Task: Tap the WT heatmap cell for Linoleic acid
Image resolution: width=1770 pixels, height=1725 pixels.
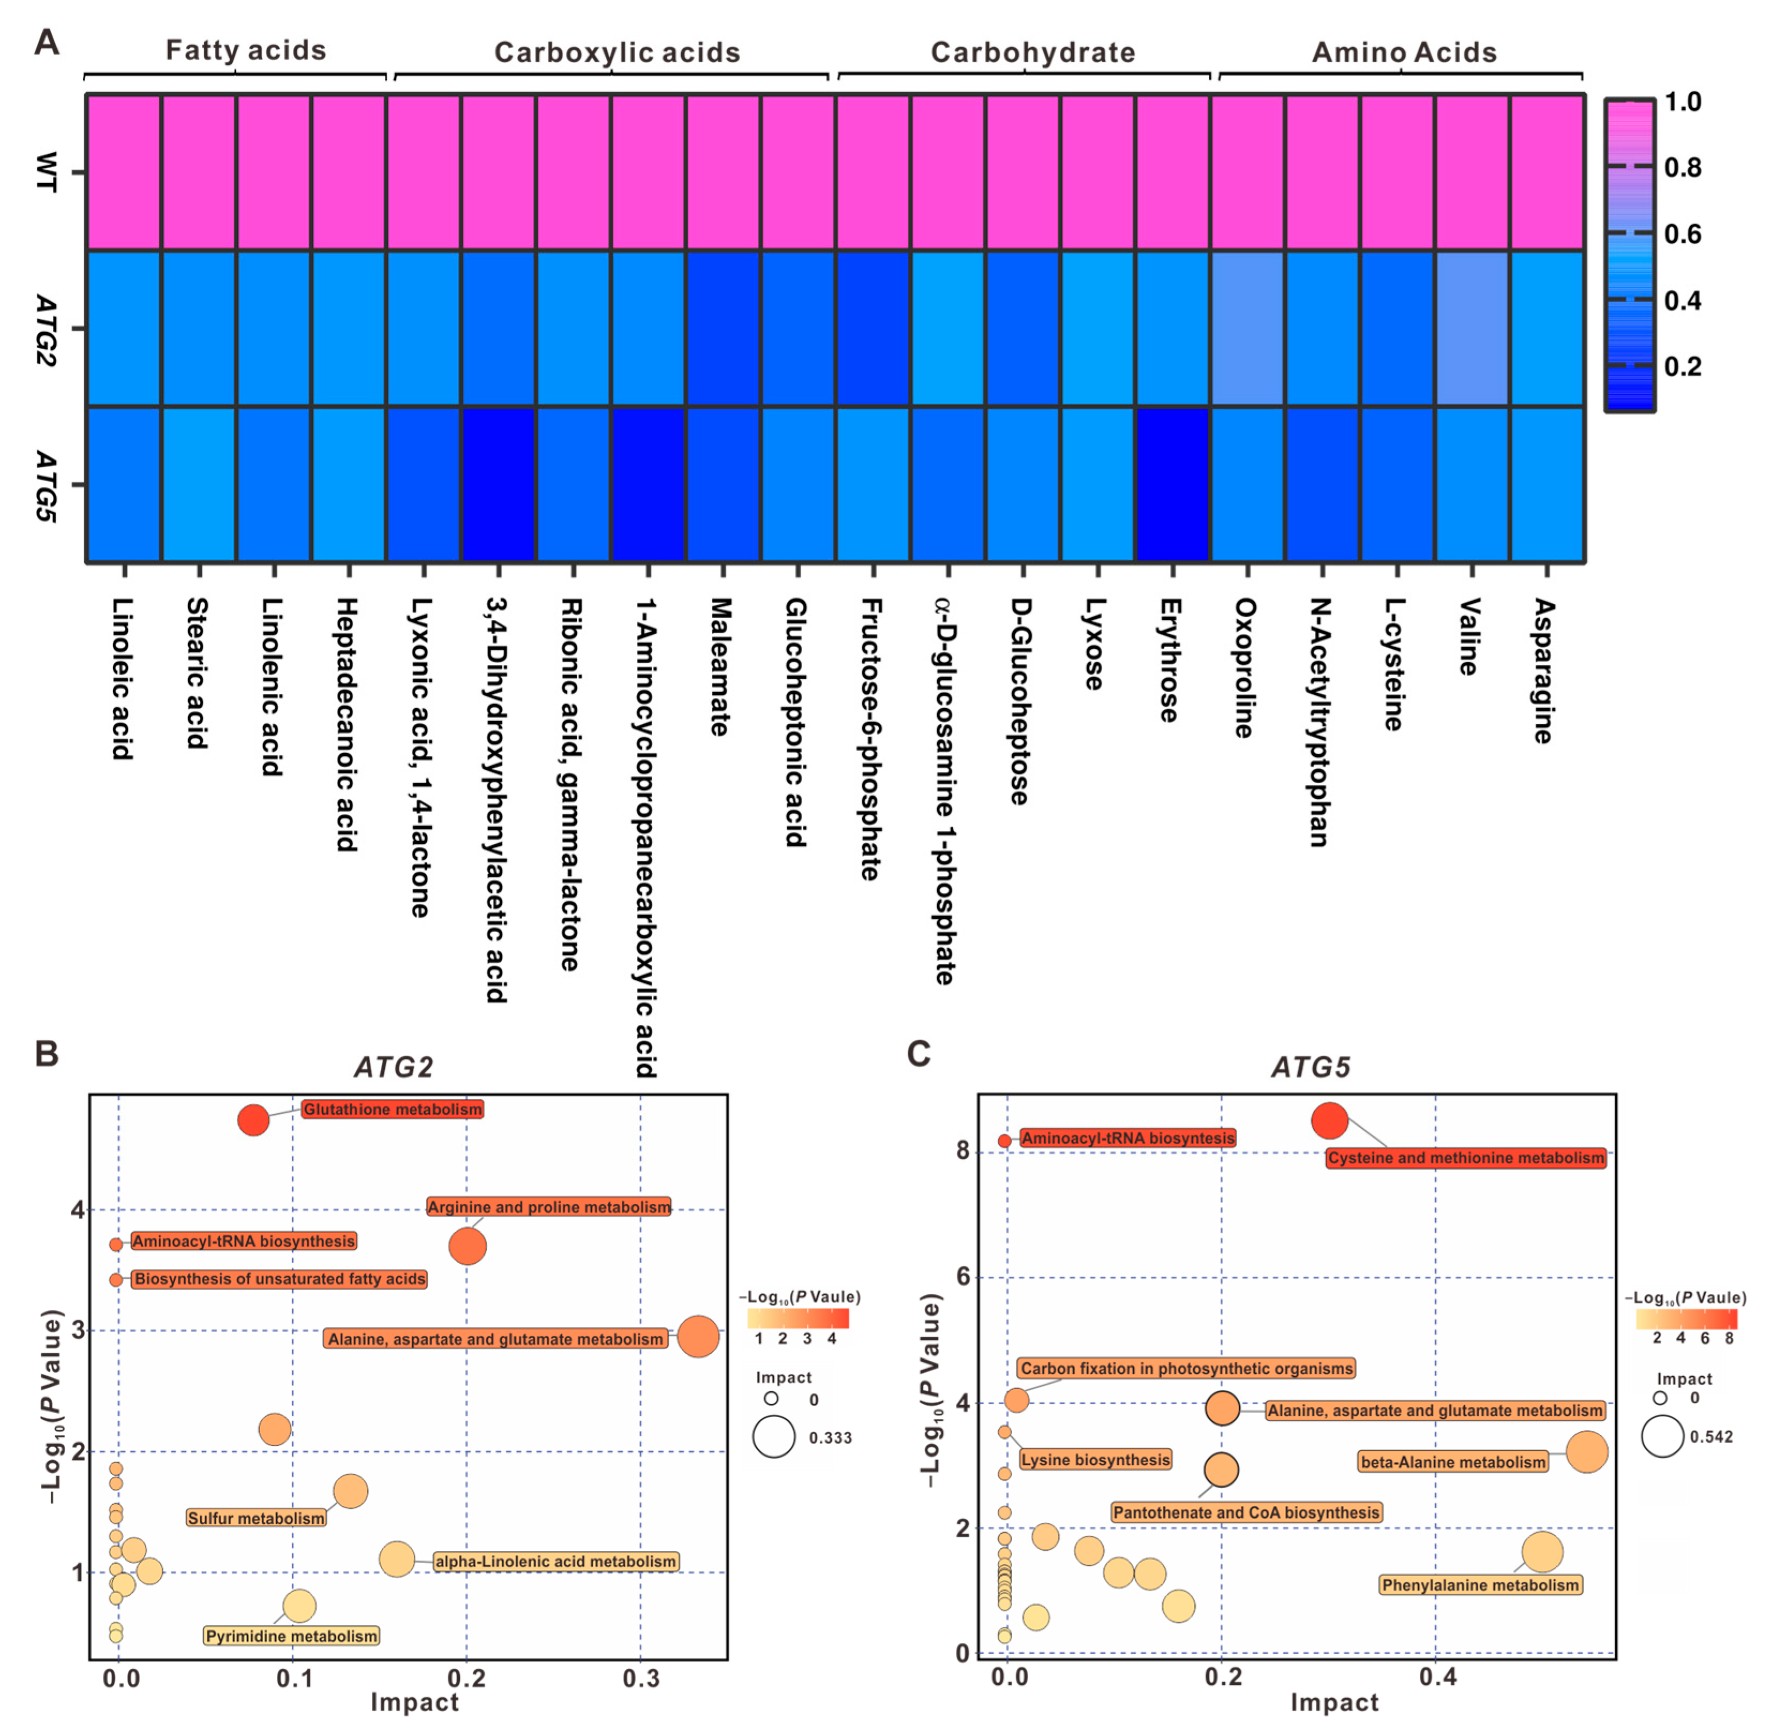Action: [124, 172]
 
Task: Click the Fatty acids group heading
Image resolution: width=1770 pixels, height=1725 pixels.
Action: [245, 50]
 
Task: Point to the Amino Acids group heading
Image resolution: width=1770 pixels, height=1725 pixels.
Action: [1404, 52]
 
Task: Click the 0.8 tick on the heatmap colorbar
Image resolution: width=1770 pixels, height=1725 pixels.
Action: [1683, 168]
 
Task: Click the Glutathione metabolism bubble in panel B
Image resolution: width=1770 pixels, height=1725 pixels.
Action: [254, 1120]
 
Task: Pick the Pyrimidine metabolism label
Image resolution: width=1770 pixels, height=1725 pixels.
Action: [292, 1636]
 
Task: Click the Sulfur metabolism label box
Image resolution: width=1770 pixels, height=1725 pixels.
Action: [257, 1518]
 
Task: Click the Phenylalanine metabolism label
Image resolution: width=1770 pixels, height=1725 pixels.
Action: [1480, 1585]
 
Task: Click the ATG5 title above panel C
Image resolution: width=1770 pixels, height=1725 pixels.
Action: [1310, 1067]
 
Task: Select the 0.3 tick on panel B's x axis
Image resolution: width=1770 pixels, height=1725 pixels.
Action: [642, 1678]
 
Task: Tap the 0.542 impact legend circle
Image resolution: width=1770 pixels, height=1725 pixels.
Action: [1663, 1437]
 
